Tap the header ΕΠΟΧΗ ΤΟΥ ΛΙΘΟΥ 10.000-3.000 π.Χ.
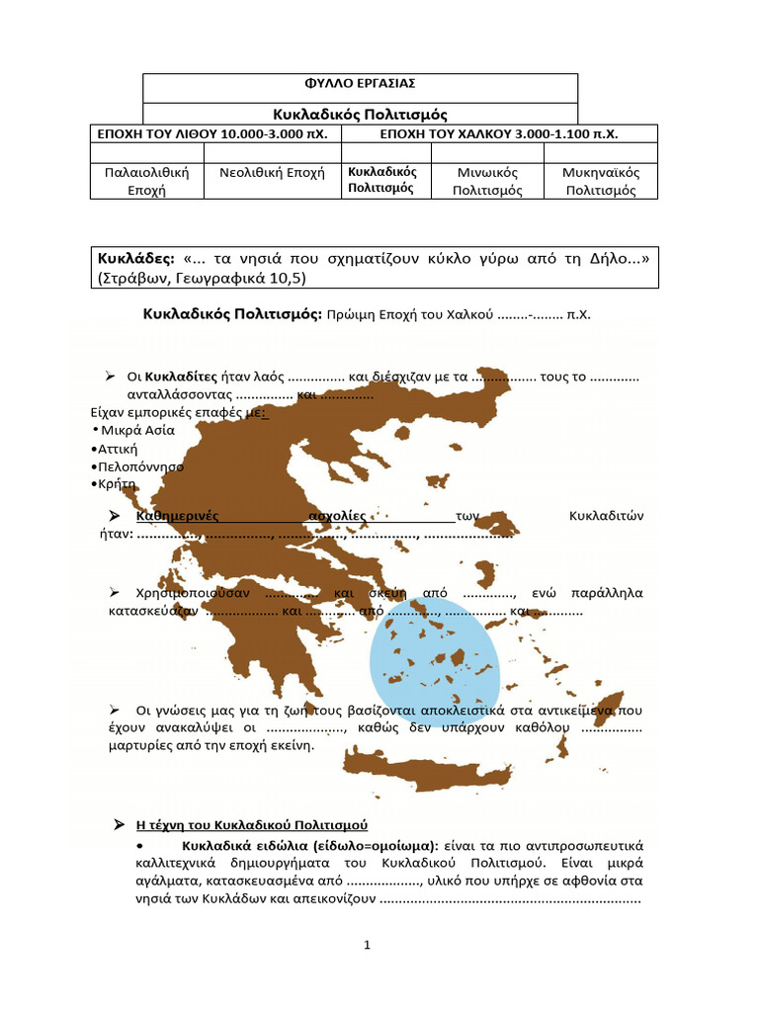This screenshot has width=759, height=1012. (x=215, y=132)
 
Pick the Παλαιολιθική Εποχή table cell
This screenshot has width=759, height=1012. (x=146, y=181)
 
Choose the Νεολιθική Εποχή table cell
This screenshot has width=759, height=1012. (x=272, y=172)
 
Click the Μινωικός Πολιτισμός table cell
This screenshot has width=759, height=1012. (x=487, y=181)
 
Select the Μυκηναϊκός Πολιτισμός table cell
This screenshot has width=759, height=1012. (x=601, y=181)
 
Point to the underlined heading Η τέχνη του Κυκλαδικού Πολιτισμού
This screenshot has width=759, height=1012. (x=251, y=824)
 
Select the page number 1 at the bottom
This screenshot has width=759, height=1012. (x=367, y=946)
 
